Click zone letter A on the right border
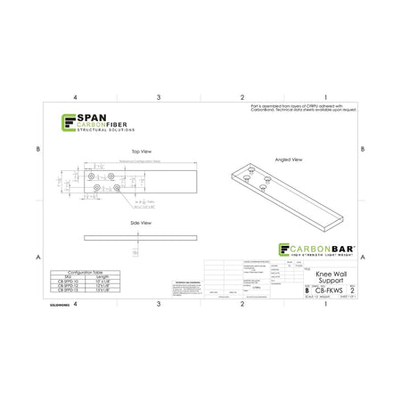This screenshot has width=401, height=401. (x=365, y=257)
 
